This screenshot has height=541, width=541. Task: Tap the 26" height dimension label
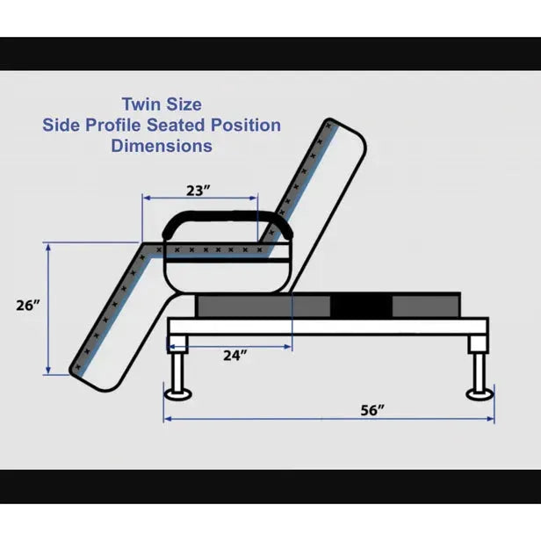28,306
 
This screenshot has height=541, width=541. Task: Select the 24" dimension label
234,356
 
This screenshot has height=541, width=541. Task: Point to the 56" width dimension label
371,410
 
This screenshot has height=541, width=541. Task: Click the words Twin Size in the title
162,105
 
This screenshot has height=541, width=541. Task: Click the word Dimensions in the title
162,146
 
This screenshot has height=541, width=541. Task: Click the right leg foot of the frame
480,392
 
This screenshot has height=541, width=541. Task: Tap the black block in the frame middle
361,306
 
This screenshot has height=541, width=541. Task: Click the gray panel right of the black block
425,306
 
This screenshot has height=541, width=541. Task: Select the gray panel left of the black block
263,306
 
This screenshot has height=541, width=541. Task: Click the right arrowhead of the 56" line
490,419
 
